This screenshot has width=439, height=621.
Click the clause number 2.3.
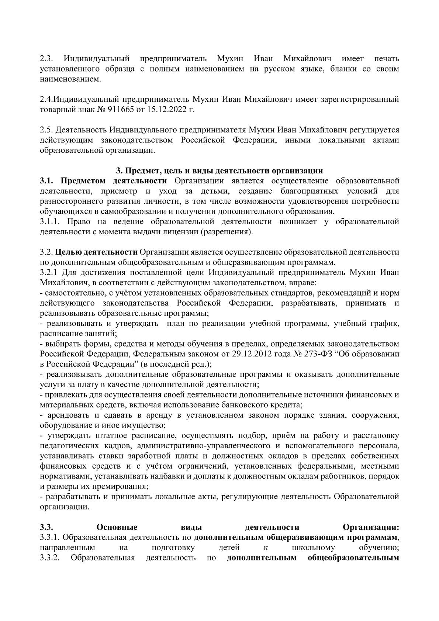click(x=47, y=59)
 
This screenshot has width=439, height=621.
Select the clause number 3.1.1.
click(x=50, y=221)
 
